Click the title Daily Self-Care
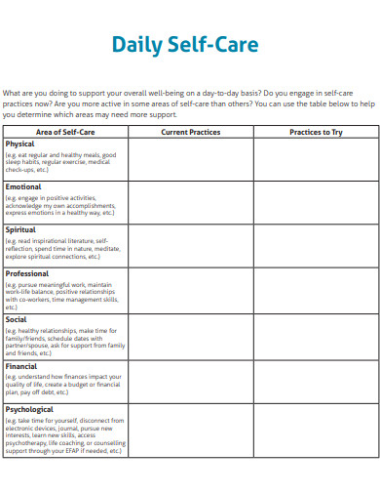click(184, 45)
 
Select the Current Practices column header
click(190, 132)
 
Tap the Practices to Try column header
click(316, 132)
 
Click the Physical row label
click(19, 144)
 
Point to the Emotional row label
click(23, 186)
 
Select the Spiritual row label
click(21, 230)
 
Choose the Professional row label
click(27, 274)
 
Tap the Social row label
click(17, 319)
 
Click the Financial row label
click(21, 366)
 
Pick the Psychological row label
click(29, 409)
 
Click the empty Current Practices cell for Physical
click(190, 158)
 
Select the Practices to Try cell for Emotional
click(316, 202)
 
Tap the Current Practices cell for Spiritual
click(190, 246)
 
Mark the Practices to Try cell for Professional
click(316, 290)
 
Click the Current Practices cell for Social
click(190, 337)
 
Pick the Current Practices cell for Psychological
click(190, 431)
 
